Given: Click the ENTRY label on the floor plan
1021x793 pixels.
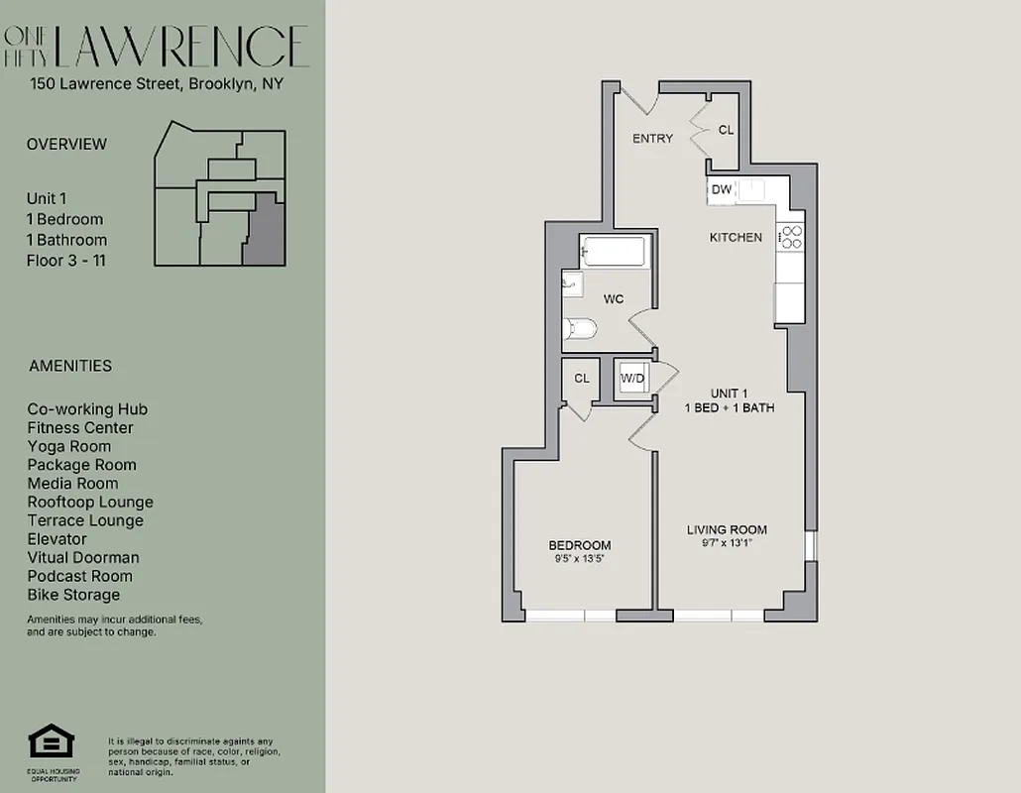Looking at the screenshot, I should pos(652,138).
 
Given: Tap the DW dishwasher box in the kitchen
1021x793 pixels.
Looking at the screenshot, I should pos(721,189).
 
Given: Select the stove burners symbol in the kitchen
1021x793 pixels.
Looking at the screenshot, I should pos(791,237).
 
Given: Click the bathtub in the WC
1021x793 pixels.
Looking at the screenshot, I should pos(613,251).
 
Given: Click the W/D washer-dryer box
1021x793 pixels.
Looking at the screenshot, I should pos(631,379).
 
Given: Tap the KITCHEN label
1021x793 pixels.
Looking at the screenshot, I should pos(736,237).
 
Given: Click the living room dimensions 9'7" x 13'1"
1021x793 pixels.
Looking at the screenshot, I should pos(727,543).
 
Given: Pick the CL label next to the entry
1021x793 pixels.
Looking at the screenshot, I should pos(726,130).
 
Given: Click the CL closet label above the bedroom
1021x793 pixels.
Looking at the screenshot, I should pos(582,378).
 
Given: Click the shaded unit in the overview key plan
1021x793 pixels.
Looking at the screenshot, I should pos(263,230).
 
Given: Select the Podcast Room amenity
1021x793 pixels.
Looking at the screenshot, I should pos(79,576).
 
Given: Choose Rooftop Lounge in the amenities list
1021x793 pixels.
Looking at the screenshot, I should pos(90,502).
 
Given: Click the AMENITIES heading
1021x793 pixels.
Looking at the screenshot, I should pos(70,366).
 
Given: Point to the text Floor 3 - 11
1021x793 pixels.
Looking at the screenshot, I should pos(65,261).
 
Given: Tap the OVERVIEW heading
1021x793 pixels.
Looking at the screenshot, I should pos(66,144).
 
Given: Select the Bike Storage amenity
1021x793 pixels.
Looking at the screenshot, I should pos(73,595).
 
